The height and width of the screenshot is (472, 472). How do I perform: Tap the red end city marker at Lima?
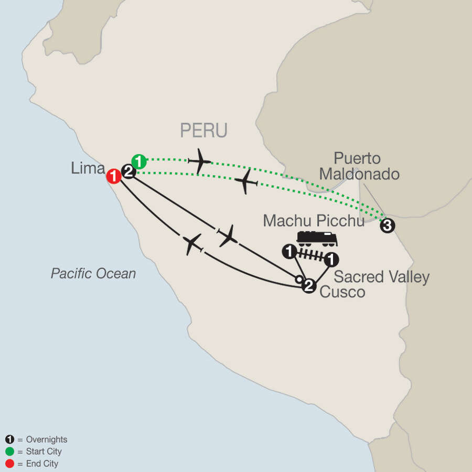pos(113,176)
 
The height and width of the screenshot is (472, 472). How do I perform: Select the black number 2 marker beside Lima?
pos(129,170)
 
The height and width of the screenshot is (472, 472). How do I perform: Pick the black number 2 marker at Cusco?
pos(309,286)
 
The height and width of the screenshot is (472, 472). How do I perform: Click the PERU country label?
pos(203,131)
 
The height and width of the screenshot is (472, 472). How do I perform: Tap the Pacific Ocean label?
pos(93,273)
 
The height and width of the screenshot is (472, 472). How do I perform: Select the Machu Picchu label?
pos(314,220)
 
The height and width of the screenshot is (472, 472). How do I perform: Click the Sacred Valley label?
pos(381,276)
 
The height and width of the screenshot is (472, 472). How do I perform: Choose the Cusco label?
pos(342,292)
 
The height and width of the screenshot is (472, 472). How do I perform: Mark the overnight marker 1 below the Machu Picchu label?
pos(288,252)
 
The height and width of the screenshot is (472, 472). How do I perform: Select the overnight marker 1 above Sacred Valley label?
pos(331,260)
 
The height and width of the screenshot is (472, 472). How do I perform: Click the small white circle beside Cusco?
pos(298,280)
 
